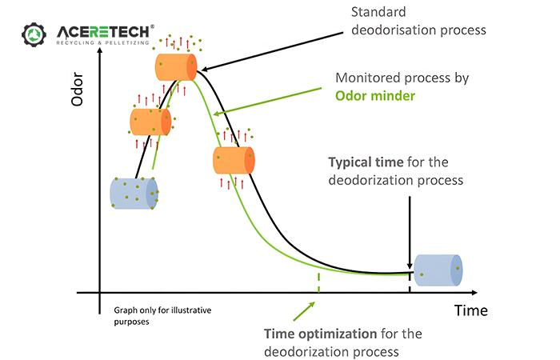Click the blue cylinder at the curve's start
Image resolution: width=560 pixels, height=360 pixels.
134,193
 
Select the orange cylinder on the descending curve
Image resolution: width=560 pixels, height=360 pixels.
234,160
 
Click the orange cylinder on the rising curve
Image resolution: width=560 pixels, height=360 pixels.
150,122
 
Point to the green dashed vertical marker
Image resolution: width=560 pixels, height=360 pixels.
318,282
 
